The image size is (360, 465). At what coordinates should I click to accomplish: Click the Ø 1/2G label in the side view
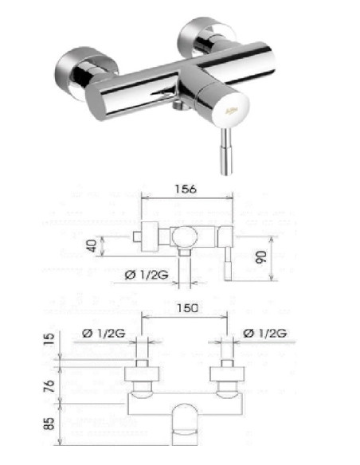[x=145, y=275]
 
